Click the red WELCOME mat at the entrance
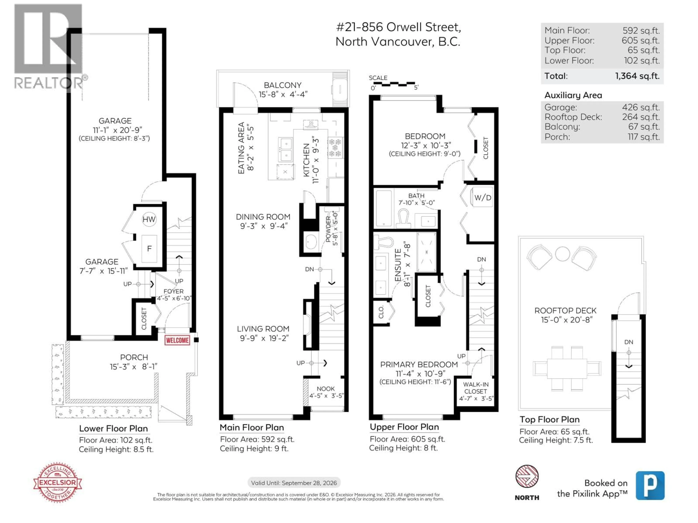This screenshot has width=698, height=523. click(x=177, y=340)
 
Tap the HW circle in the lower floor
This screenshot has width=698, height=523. click(x=149, y=219)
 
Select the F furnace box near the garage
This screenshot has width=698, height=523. click(x=149, y=249)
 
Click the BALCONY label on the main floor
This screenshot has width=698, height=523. click(x=282, y=85)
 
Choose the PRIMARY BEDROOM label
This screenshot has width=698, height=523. click(x=419, y=364)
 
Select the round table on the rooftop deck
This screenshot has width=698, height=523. click(x=562, y=254)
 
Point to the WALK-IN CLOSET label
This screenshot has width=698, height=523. click(x=476, y=388)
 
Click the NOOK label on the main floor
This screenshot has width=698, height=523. click(x=326, y=389)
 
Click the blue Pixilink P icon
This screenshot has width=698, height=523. click(x=650, y=485)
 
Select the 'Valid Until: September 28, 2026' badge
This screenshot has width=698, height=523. click(x=294, y=483)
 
